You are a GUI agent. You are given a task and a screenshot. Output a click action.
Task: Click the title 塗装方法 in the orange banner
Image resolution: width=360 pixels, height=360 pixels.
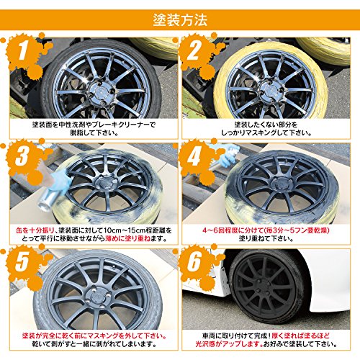pos(180,20)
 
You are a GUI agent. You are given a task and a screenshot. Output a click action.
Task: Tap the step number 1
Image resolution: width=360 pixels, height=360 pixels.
pos(23,51)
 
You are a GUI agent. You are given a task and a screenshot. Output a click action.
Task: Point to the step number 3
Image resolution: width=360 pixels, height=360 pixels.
pos(22,156)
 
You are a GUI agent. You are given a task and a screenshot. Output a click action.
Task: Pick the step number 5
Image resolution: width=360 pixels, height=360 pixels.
pos(22,261)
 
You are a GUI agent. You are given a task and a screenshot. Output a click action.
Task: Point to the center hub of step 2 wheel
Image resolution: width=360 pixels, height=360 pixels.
pos(272,91)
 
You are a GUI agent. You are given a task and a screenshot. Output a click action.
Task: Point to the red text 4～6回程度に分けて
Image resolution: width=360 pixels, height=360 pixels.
pos(233,230)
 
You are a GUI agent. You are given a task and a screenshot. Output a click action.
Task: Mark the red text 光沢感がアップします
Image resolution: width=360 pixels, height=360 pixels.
pos(229,344)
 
